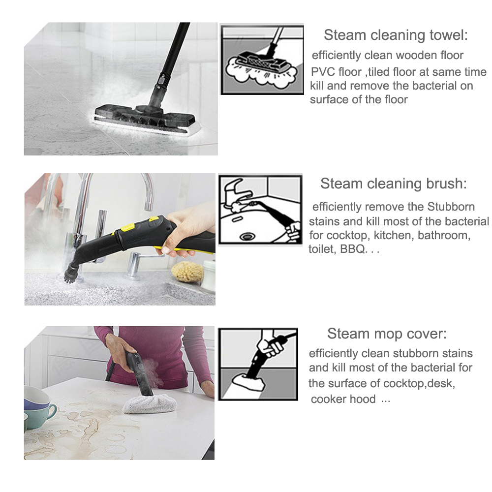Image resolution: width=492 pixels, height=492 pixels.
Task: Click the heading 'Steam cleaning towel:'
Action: coord(396,35)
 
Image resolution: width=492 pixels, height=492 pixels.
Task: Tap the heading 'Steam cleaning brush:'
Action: coord(394,184)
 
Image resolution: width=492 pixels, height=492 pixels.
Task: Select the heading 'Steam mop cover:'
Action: coord(387,333)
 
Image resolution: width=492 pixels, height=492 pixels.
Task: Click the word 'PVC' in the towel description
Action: coord(320,72)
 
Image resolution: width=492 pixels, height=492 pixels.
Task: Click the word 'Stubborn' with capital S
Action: coord(451,207)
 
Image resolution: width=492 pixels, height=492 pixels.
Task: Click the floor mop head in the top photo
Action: coord(147,119)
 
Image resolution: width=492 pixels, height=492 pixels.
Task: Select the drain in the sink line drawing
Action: coord(247,236)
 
